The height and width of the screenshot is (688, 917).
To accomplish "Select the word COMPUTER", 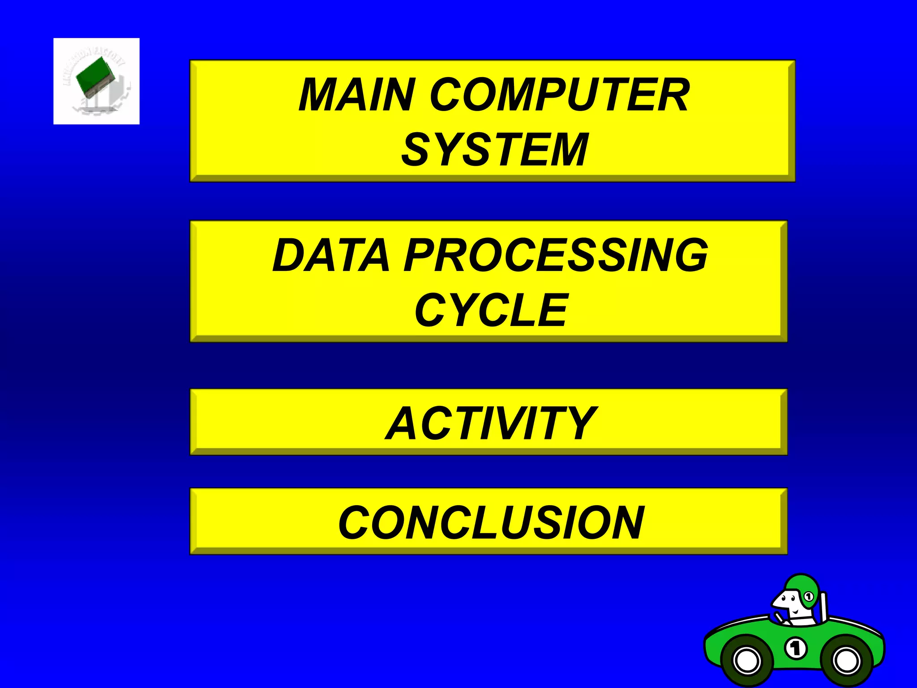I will pos(560,95).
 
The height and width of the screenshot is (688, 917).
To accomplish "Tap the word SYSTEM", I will pos(494,150).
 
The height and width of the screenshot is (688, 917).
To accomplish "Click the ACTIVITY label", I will pos(491,423).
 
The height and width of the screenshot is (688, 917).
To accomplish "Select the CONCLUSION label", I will pos(491,522).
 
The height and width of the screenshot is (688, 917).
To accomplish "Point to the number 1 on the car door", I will pos(796,648).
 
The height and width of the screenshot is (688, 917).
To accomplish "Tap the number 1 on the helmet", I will pos(808,597).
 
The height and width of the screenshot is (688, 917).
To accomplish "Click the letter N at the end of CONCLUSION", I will pos(627,522).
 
